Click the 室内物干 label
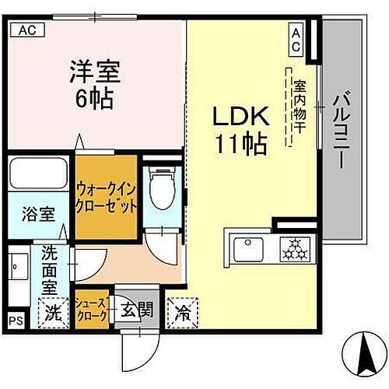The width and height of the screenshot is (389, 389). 297,109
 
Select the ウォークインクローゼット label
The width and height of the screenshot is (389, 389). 107,197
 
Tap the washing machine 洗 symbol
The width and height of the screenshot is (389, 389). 52,314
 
